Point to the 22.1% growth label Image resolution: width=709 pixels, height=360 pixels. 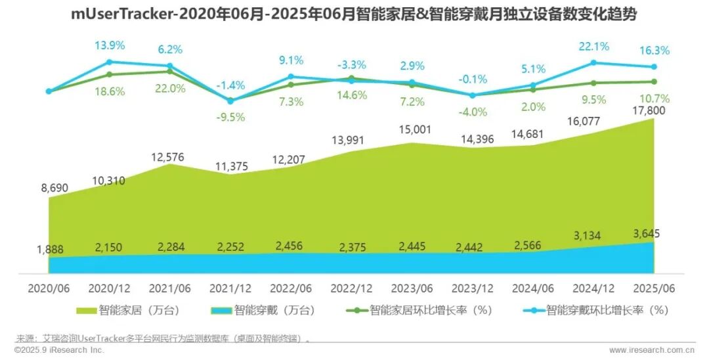click(x=594, y=47)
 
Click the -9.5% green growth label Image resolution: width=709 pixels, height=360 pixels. click(x=230, y=117)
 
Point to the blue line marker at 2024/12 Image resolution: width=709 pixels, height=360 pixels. click(x=593, y=62)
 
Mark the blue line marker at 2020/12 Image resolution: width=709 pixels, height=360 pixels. click(x=109, y=62)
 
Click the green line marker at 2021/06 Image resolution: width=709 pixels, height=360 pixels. click(x=170, y=71)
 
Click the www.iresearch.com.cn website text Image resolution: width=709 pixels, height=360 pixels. click(x=652, y=350)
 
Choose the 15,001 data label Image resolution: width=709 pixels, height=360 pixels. click(x=412, y=129)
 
